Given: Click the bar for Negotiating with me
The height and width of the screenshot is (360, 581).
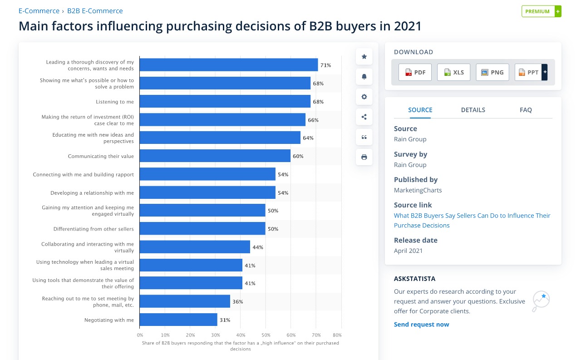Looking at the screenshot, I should click(x=178, y=320).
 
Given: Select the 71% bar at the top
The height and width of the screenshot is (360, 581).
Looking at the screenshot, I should click(x=228, y=65).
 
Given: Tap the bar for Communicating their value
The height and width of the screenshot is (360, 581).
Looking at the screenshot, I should click(x=215, y=156).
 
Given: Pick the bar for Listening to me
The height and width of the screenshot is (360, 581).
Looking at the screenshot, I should click(x=225, y=102).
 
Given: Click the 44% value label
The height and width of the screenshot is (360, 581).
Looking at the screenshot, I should click(x=258, y=247).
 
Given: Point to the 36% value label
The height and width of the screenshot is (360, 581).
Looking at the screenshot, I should click(x=237, y=302).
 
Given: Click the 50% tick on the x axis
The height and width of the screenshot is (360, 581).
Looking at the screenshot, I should click(x=266, y=335).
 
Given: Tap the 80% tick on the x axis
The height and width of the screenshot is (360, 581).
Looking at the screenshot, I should click(x=337, y=335).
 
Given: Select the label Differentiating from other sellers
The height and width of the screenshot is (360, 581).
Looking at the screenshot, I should click(x=94, y=229).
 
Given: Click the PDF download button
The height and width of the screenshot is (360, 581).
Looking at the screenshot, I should click(x=415, y=72).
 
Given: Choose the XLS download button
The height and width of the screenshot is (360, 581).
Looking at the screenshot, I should click(x=453, y=72).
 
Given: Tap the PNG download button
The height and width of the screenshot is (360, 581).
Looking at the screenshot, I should click(x=492, y=72).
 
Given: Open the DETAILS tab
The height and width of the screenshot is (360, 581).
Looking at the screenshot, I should click(x=473, y=110).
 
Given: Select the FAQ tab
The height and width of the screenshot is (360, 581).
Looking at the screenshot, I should click(x=526, y=110).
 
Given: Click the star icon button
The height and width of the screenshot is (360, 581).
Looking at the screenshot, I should click(x=364, y=57).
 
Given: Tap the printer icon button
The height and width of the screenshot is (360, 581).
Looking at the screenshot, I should click(x=364, y=157).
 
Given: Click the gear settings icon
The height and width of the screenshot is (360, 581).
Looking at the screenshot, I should click(x=364, y=97).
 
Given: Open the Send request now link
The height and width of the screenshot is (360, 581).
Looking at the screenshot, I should click(x=421, y=325).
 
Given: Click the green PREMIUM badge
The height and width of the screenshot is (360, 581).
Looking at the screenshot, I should click(x=537, y=11).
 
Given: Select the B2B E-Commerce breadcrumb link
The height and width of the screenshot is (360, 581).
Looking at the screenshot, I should click(x=95, y=11).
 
